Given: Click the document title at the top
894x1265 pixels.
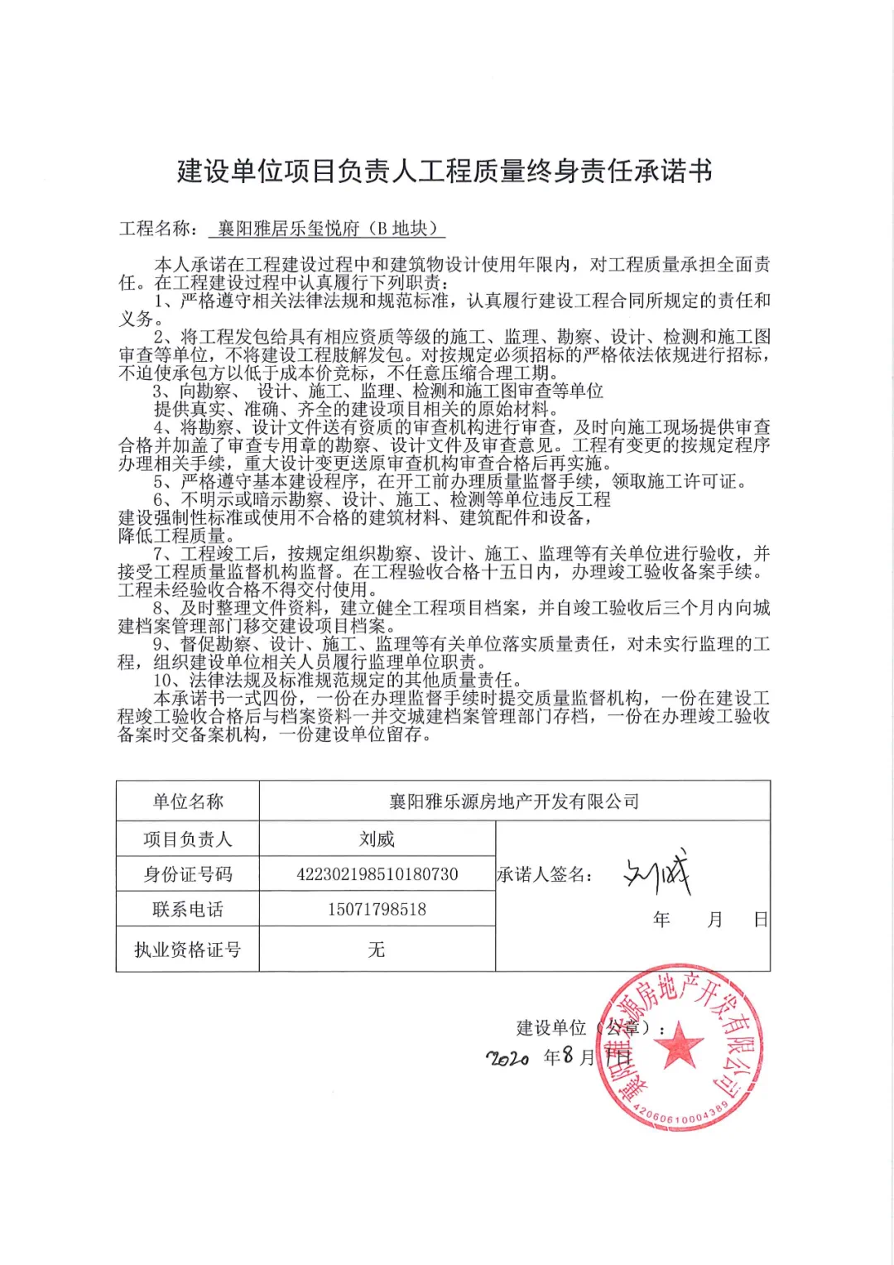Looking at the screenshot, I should (x=445, y=171).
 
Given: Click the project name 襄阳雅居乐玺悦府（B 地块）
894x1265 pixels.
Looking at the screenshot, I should (x=327, y=228).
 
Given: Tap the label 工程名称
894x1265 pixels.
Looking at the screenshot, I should (x=156, y=228).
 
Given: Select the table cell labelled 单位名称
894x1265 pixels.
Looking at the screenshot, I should (x=188, y=801).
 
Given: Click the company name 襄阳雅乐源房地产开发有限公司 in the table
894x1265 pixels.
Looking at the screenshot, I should (x=514, y=801).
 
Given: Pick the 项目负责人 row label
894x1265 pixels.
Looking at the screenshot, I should (x=188, y=839).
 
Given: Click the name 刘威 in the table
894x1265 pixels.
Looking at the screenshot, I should (x=377, y=839).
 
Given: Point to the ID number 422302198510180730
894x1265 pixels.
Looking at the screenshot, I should (x=377, y=874).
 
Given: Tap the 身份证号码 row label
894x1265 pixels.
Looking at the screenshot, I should (x=188, y=874).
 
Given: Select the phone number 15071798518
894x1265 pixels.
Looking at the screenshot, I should (x=377, y=909).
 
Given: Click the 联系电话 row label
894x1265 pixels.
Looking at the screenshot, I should (x=188, y=909).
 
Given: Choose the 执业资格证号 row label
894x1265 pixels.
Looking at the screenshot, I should (x=188, y=950).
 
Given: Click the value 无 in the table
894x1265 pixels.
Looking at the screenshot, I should (x=377, y=950).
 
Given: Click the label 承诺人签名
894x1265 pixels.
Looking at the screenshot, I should (x=545, y=874).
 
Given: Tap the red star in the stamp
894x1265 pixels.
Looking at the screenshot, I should (x=679, y=1045).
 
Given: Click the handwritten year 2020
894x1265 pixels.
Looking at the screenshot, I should (x=507, y=1058).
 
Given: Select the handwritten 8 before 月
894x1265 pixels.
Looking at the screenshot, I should (x=568, y=1056).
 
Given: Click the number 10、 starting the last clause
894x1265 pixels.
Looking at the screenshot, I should (x=171, y=681).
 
